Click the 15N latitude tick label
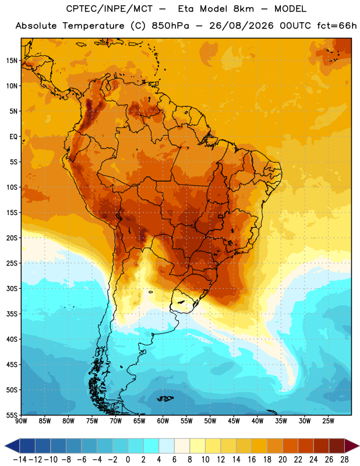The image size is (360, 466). (12, 61)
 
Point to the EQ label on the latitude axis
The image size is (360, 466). (13, 137)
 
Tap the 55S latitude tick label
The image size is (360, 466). (12, 415)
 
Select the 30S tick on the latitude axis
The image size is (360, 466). (12, 288)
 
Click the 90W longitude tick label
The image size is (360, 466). (21, 421)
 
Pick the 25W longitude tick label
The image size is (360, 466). (328, 421)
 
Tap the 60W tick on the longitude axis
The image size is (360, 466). (163, 421)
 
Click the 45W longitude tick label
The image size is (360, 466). (234, 421)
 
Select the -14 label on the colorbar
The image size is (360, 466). (20, 460)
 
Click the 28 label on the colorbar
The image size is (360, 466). (344, 460)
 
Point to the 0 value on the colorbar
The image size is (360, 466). (128, 460)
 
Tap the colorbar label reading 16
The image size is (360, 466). (252, 460)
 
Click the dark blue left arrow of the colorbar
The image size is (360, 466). (12, 446)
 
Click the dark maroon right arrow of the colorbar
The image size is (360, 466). (352, 446)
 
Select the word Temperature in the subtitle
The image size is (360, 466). (93, 26)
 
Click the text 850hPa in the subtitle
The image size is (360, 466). (170, 26)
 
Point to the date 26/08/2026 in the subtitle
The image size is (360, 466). (241, 26)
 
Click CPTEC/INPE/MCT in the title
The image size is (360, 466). (110, 9)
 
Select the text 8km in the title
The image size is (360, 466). (243, 9)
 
